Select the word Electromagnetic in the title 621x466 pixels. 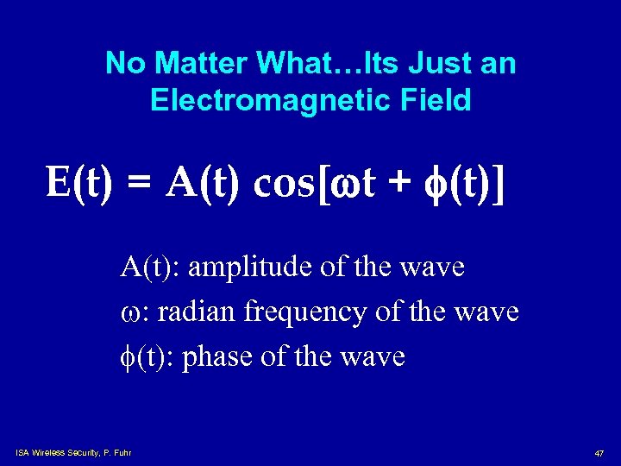pos(274,100)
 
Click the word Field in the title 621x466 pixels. pos(436,100)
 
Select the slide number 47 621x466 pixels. pos(599,453)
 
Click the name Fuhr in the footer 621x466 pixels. pos(122,453)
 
